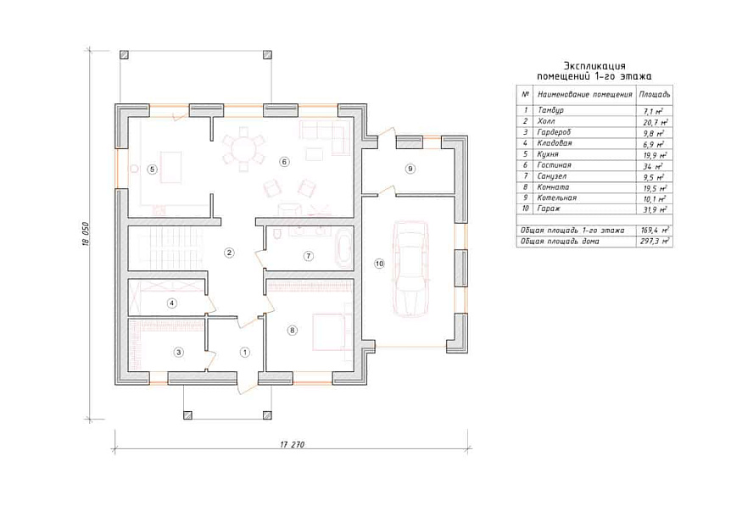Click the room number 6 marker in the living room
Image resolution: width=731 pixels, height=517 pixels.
pos(284,162)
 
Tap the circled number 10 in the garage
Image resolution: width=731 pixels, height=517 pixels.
pos(379,264)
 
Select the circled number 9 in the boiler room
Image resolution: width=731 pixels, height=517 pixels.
pos(410,169)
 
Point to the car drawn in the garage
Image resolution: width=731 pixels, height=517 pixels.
pos(411,270)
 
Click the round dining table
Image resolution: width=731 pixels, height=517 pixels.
pos(243,150)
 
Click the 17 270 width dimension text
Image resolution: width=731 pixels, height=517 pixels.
pos(293,444)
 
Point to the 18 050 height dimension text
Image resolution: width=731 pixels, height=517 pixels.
pos(86,234)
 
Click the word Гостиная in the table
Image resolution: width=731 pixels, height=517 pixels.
pos(554,165)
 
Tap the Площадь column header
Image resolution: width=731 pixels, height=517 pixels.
pos(655,95)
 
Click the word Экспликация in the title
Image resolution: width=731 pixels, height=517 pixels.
pos(594,65)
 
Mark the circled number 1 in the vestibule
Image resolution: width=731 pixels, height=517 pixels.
pos(245,352)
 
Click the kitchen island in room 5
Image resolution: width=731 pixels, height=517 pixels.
pos(170,167)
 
